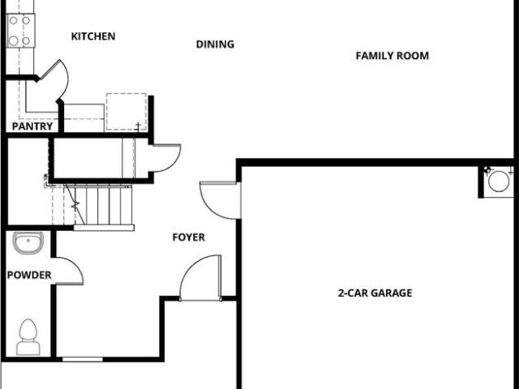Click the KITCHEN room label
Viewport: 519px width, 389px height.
[x=93, y=36]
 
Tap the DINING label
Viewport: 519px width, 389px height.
[x=215, y=45]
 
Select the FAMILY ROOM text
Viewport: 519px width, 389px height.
[x=392, y=56]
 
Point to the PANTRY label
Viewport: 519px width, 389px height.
[x=32, y=126]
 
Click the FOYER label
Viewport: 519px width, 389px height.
[x=189, y=237]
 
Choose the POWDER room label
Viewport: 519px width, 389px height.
[x=29, y=275]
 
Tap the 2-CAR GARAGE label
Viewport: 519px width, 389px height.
[x=375, y=293]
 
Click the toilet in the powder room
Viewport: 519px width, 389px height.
[x=28, y=337]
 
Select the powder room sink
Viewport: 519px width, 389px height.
[x=28, y=242]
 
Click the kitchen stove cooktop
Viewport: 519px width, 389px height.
[x=20, y=31]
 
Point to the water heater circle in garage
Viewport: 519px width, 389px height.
[x=499, y=181]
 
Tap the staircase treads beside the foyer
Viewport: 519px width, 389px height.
[x=103, y=205]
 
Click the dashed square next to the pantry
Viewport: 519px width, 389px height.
[x=127, y=112]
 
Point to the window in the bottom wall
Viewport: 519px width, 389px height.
[x=83, y=359]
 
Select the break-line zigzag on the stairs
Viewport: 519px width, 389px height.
[x=75, y=206]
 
